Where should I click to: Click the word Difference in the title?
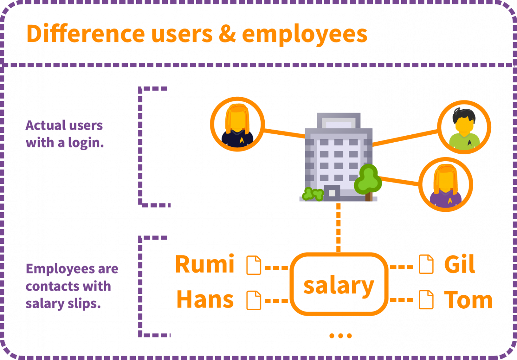[x=86, y=33]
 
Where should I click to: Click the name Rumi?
[x=205, y=264]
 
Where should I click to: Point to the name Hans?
[x=205, y=300]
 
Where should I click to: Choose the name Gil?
[x=459, y=264]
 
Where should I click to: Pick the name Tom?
[x=468, y=300]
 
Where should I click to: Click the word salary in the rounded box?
[x=339, y=286]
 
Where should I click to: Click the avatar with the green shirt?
[x=464, y=127]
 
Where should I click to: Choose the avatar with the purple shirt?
[x=446, y=185]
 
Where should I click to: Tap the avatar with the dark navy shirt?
[x=238, y=124]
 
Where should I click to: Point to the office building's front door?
[x=332, y=192]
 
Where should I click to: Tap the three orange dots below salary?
[x=341, y=336]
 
